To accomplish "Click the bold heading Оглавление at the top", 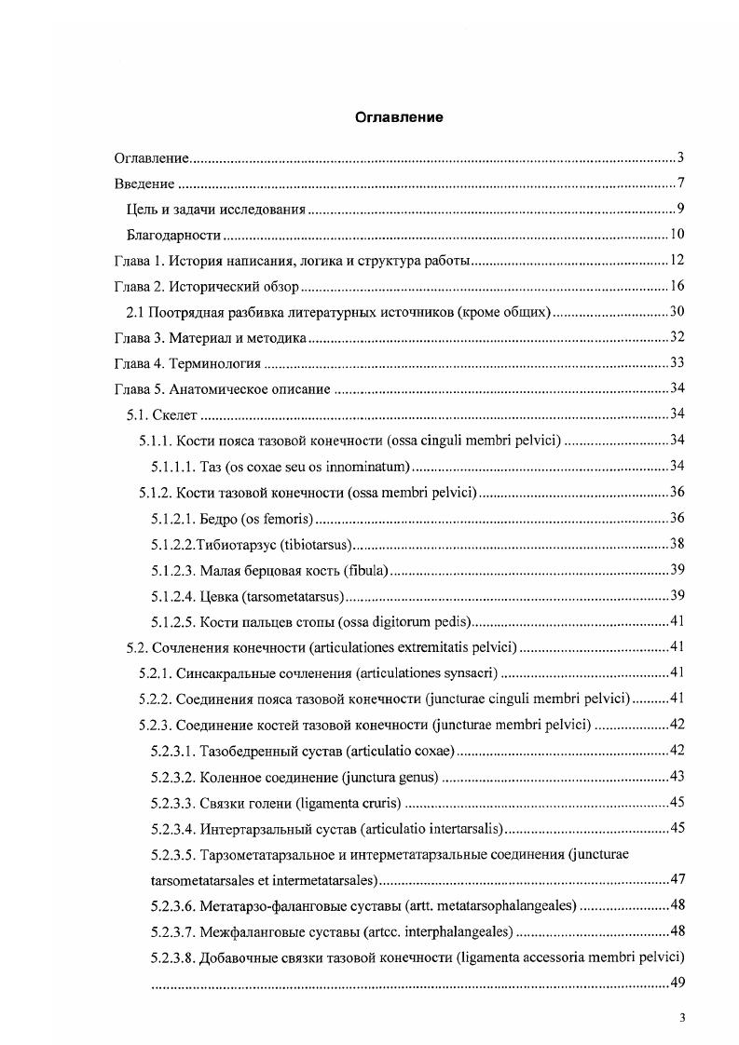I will pos(398,117).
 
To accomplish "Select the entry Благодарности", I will pos(173,234).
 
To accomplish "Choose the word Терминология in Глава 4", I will pos(214,362).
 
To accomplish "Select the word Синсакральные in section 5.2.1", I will pos(220,672).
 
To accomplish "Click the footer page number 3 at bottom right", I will pos(682,1017).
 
